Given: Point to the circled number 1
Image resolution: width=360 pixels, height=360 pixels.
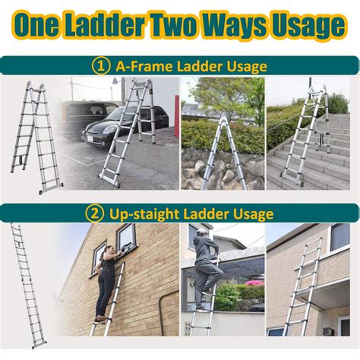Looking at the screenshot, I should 101,66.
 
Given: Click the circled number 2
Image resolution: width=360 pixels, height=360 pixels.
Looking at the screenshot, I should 95,213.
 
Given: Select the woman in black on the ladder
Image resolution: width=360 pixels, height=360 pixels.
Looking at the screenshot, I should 106,281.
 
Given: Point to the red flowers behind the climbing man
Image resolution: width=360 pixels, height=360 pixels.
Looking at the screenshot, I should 250,291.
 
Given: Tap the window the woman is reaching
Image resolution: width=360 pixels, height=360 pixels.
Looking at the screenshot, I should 125,237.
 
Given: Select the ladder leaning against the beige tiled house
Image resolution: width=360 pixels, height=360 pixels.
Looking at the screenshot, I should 304,285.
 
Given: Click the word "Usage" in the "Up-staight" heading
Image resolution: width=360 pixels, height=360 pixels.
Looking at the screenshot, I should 245,213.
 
